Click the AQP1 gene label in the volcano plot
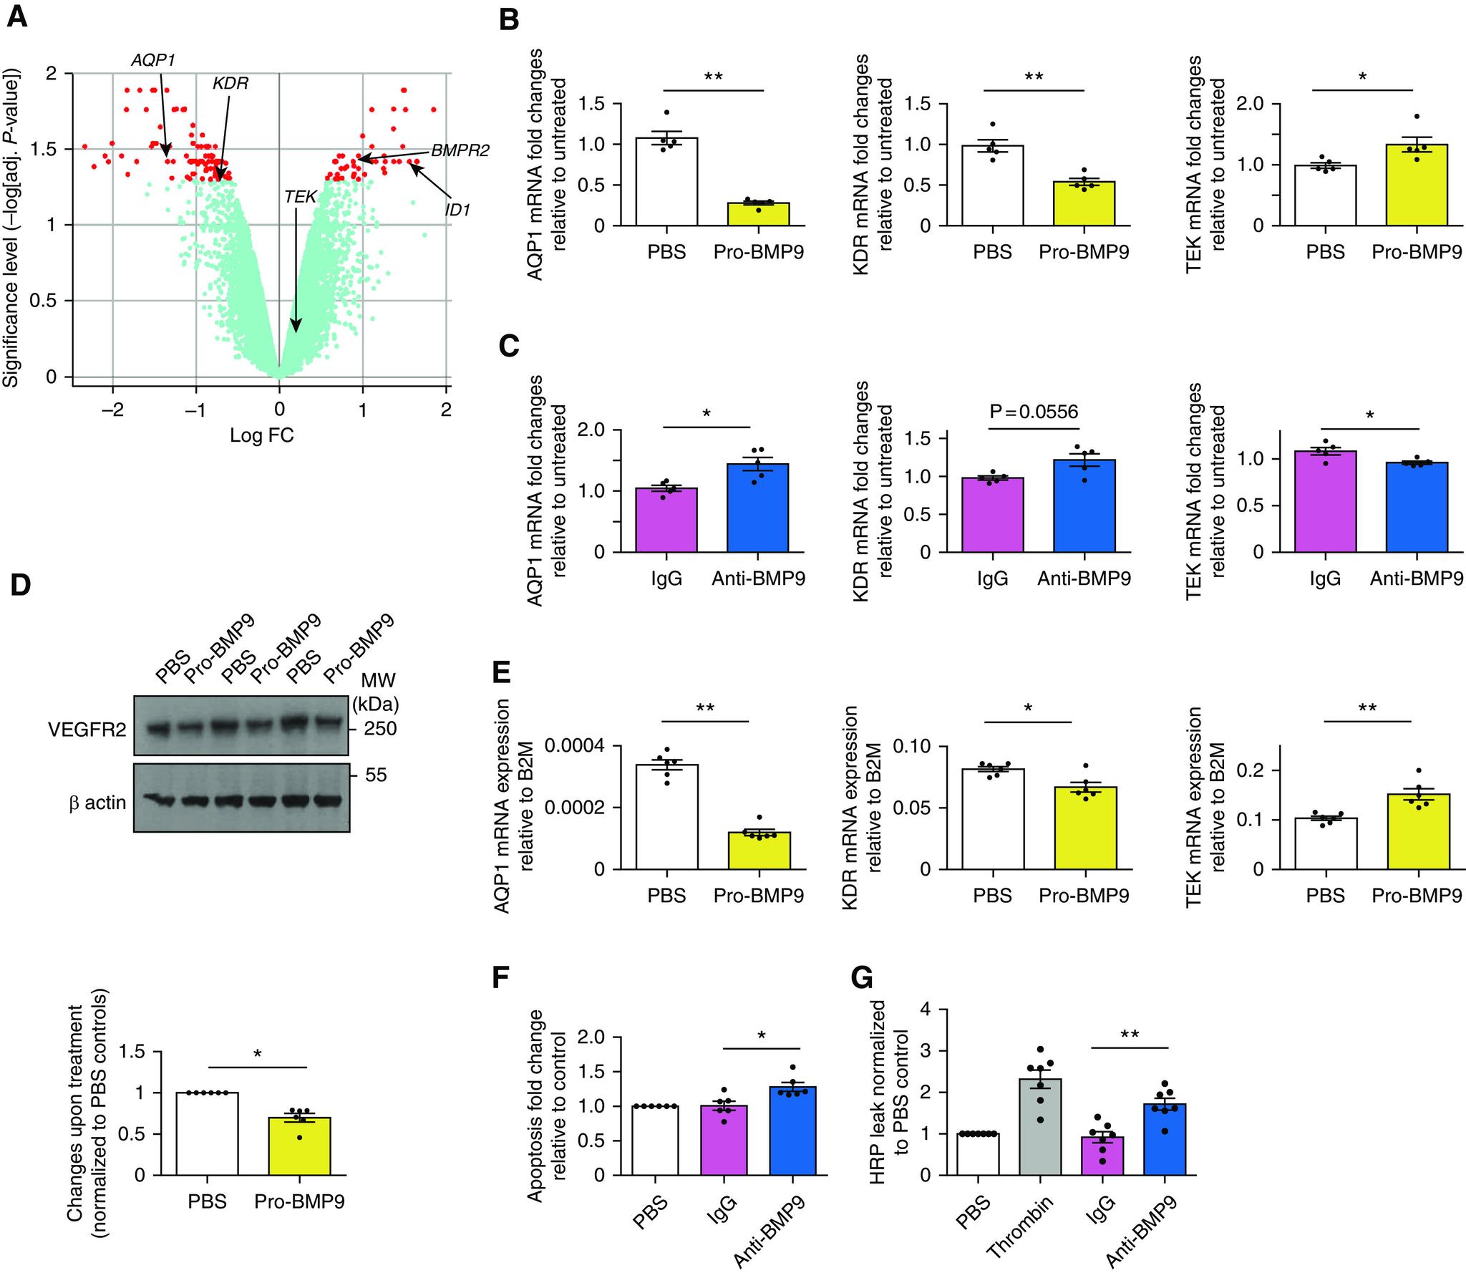(153, 60)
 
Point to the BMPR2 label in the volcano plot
(460, 151)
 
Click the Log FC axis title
(261, 435)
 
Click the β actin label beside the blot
(97, 803)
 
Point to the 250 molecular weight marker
(373, 729)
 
